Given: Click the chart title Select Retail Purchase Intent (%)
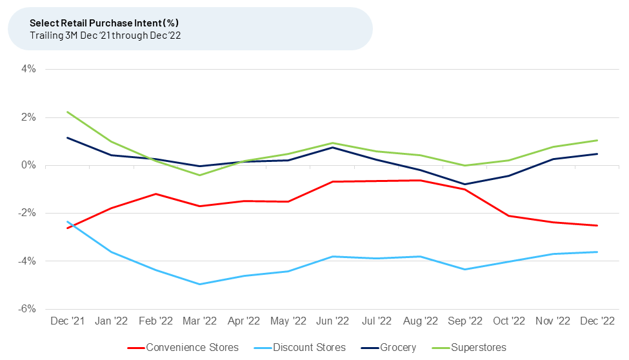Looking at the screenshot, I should point(104,23).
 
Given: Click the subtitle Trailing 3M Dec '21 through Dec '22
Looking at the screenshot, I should point(105,35).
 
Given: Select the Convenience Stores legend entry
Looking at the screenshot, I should point(184,347).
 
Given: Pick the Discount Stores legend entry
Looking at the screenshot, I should point(303,347).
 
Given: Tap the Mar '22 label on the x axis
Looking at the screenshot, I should point(200,321).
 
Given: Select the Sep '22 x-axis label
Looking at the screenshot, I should point(465,321).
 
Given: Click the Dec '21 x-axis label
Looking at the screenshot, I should point(67,321).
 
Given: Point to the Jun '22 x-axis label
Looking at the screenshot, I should point(332,321).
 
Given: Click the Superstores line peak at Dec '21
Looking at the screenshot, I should point(67,112).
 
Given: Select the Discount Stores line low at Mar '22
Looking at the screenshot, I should point(200,284).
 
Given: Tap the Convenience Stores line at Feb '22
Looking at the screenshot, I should point(155,194).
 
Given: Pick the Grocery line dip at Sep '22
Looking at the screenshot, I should point(465,185).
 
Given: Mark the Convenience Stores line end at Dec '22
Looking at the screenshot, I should point(597,225).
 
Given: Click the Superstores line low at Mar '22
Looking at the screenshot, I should point(200,175).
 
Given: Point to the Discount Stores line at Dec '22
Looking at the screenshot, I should point(597,252).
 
